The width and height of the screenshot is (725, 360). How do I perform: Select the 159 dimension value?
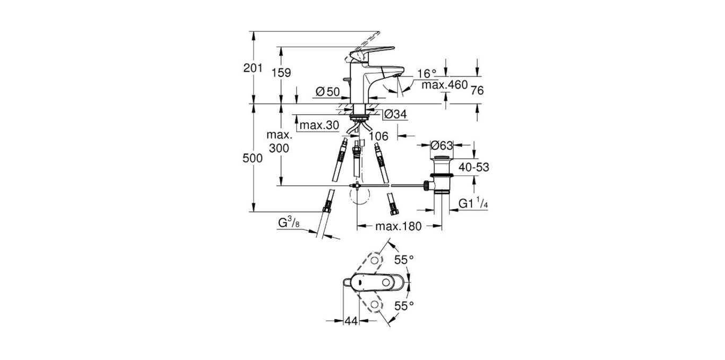click(282, 73)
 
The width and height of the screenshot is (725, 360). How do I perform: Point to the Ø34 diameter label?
click(395, 114)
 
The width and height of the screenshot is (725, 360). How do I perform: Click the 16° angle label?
click(426, 73)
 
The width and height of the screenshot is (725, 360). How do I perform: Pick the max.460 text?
click(444, 85)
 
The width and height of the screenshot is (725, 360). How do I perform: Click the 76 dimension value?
click(477, 90)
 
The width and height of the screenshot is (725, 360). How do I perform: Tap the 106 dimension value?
click(378, 136)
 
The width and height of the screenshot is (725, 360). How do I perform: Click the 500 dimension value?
click(253, 158)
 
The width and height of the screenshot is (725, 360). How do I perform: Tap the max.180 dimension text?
click(398, 227)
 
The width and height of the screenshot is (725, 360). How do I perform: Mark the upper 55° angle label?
click(403, 260)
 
